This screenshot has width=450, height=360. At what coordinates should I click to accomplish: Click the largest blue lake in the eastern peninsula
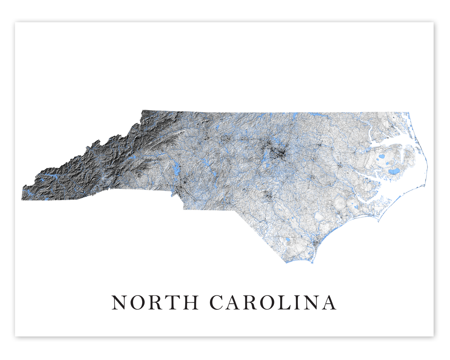click(x=394, y=171)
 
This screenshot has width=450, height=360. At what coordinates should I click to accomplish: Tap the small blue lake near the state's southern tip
click(x=288, y=239)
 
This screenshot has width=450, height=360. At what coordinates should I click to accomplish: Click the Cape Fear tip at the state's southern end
click(x=311, y=261)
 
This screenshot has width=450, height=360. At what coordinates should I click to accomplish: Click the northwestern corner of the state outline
click(x=143, y=111)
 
